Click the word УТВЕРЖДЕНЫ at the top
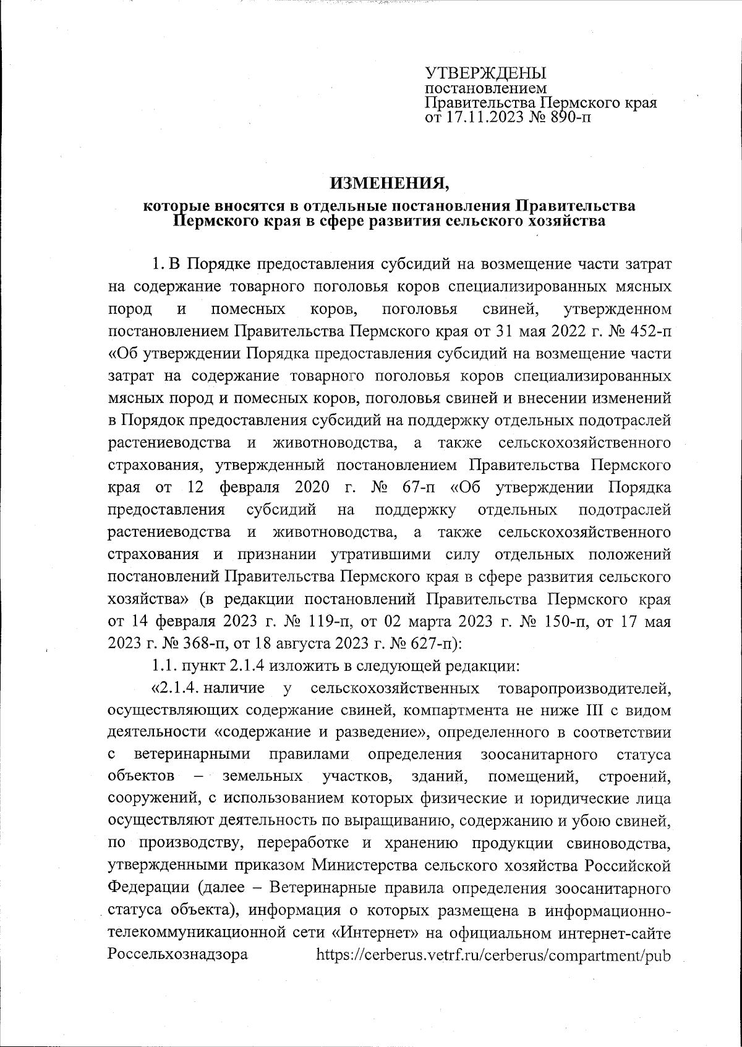coord(486,72)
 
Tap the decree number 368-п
coord(192,643)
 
